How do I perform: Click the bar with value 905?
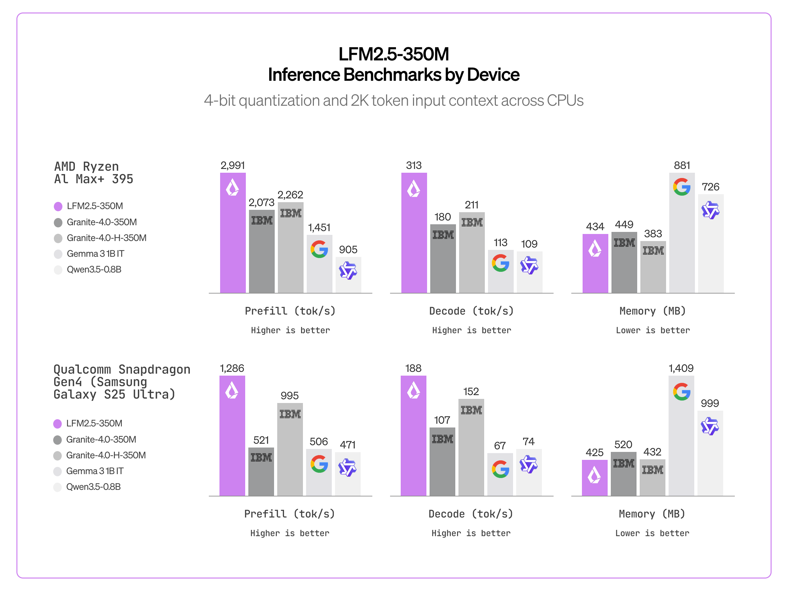tap(348, 275)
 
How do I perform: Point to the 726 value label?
tap(710, 187)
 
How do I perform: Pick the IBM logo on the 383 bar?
tap(653, 251)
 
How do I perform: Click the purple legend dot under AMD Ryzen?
tap(58, 206)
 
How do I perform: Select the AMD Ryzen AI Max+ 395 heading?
tap(93, 173)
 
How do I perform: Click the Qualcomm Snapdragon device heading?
tap(121, 382)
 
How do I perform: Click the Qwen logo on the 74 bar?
tap(528, 464)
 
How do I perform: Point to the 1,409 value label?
tap(681, 368)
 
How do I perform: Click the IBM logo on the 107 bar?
tap(442, 439)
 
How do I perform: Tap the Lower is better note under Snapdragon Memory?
tap(652, 533)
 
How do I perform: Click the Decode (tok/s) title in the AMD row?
tap(471, 311)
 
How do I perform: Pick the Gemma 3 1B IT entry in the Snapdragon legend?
tap(95, 471)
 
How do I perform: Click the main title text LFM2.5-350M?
tap(393, 54)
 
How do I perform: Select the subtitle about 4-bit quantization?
tap(393, 100)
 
